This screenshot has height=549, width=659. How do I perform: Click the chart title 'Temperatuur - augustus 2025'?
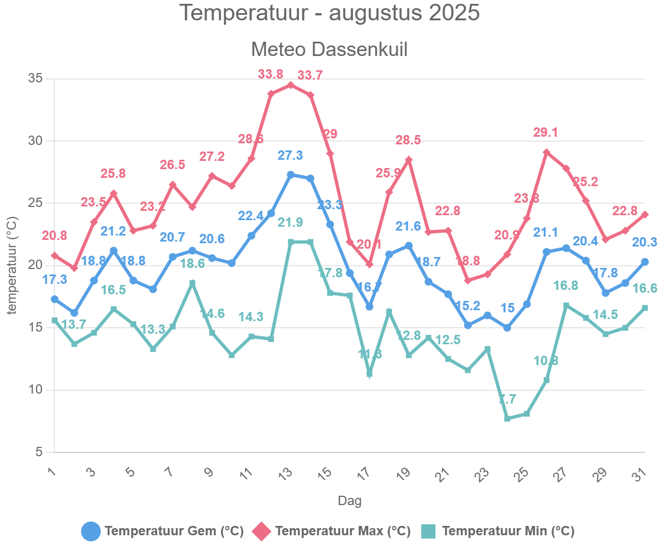(x=329, y=13)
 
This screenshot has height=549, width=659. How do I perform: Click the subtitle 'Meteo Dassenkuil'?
(x=329, y=49)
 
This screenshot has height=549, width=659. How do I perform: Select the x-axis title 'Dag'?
(x=349, y=501)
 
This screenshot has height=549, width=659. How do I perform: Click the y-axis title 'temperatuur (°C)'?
(x=12, y=266)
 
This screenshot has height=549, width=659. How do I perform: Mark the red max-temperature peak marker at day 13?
(x=291, y=85)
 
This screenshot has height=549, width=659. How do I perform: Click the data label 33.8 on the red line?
(x=271, y=74)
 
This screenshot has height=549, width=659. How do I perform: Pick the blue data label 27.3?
(x=290, y=155)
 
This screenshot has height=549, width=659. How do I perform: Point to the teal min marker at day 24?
(x=507, y=418)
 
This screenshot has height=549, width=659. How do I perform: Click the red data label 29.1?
(x=546, y=132)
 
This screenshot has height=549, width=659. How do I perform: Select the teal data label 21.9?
(x=290, y=222)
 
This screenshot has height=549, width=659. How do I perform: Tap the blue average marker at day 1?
(x=54, y=299)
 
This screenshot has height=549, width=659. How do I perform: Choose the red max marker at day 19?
(x=409, y=160)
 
